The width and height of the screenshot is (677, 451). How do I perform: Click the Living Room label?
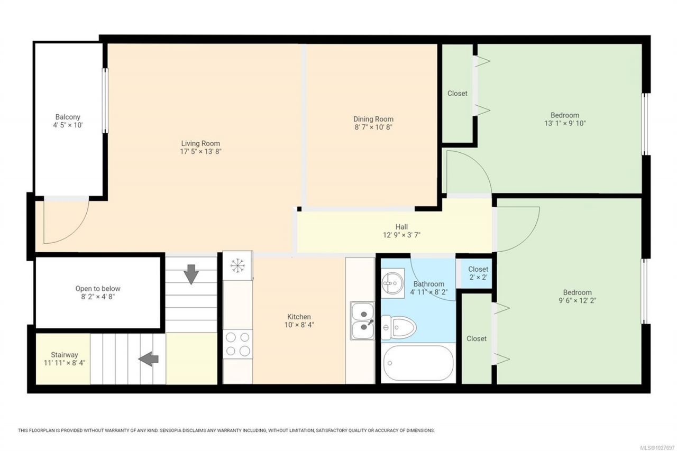[200, 143]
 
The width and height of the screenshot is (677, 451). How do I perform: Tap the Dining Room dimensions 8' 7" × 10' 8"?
[373, 127]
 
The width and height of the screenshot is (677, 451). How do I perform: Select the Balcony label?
[68, 117]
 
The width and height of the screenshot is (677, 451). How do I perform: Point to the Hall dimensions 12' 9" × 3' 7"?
[401, 235]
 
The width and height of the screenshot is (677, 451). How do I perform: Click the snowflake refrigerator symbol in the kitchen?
[237, 265]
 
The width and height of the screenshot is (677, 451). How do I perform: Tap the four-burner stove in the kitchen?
[238, 344]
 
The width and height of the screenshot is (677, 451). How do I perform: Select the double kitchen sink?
[362, 320]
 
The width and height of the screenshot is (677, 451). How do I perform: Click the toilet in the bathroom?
[398, 327]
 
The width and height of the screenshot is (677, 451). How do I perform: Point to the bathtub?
[418, 363]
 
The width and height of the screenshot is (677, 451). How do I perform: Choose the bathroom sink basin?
[392, 283]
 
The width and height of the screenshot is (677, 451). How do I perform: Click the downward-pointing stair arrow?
[191, 274]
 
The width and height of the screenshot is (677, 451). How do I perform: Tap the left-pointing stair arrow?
[149, 359]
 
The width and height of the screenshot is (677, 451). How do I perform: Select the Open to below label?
[98, 289]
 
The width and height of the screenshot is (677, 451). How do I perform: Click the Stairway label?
[65, 355]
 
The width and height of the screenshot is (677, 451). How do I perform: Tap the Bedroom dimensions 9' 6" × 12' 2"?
[577, 300]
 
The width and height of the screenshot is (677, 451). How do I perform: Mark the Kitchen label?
[299, 317]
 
